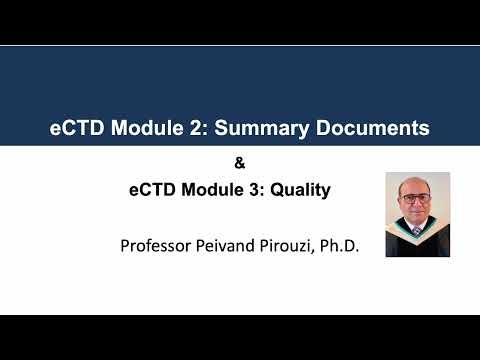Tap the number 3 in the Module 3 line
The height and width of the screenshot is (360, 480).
(x=260, y=188)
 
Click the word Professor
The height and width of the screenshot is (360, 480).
(x=156, y=243)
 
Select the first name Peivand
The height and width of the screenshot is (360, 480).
(x=233, y=243)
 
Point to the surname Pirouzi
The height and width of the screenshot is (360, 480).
(x=291, y=243)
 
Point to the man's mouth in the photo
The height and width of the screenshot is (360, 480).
(x=418, y=215)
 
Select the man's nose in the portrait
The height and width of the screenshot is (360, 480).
(x=418, y=208)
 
